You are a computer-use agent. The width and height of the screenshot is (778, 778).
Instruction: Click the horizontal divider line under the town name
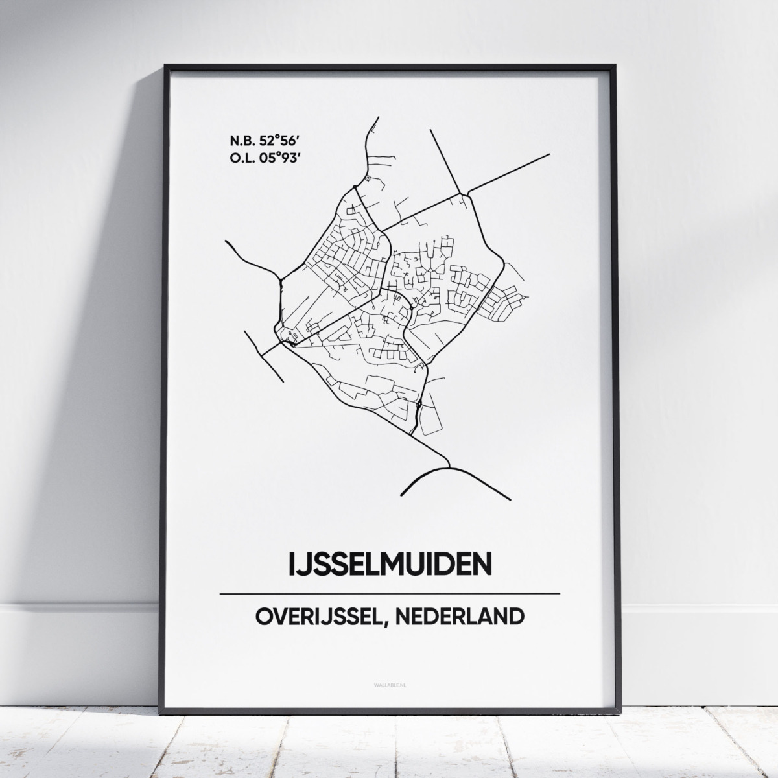tap(389, 593)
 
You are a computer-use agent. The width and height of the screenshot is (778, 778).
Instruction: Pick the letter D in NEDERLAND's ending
tap(515, 617)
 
